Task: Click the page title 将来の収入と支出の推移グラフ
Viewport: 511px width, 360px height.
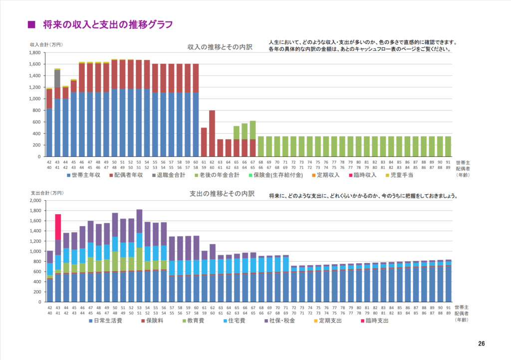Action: [108, 24]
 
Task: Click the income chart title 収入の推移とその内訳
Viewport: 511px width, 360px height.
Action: [220, 47]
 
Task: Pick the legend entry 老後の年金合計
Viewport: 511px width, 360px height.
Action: [215, 175]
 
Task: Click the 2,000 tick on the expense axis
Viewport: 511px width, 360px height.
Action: [34, 200]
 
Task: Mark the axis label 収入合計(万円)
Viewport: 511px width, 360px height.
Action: [46, 45]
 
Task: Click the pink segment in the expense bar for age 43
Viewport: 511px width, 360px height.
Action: [58, 227]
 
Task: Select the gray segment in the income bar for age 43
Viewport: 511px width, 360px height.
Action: [57, 78]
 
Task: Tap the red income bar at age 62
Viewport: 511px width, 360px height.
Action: [212, 133]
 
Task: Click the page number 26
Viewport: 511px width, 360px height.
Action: [481, 344]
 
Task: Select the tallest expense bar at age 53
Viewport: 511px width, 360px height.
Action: [139, 255]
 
